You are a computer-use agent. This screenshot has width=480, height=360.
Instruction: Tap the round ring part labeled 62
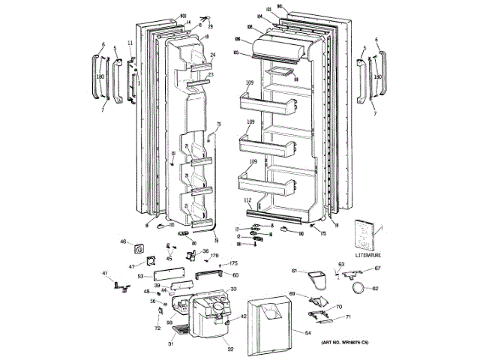click(x=363, y=286)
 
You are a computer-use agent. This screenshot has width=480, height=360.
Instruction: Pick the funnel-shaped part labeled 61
click(x=317, y=280)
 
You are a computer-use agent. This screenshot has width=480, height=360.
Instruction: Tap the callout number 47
click(x=131, y=266)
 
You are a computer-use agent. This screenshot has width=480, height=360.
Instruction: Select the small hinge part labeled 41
click(x=115, y=283)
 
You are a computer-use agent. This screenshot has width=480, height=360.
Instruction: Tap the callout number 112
click(x=247, y=200)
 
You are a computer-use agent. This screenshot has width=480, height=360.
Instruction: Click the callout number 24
click(x=213, y=55)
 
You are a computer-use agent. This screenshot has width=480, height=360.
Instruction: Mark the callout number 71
click(x=347, y=318)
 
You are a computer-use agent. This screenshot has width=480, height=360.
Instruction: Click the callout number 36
click(x=205, y=251)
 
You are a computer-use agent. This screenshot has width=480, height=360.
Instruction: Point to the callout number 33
click(x=233, y=289)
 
